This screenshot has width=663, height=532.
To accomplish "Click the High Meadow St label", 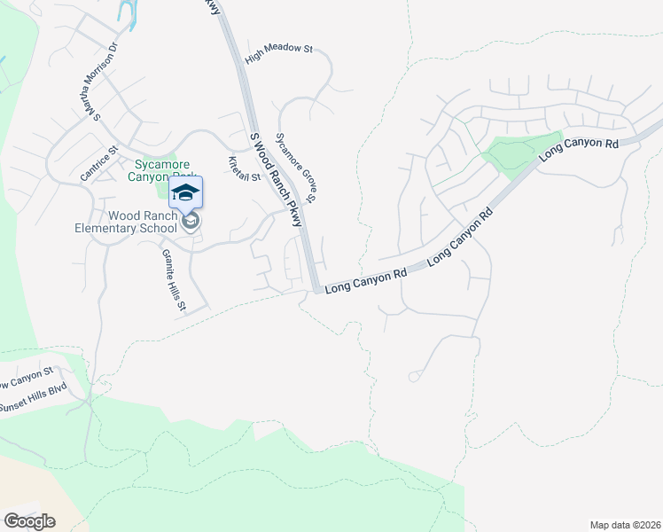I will pos(280,54).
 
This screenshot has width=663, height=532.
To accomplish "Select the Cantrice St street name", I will pos(99,164).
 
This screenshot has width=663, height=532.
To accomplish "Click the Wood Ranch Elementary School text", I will pos(143,222).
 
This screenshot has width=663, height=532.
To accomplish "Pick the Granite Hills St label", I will pos(174,279).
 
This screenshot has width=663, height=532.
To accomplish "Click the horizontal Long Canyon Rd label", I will pos(365,281).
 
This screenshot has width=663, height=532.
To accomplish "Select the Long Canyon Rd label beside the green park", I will pos(579,147).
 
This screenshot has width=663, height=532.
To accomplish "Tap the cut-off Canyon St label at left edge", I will pos(27,379).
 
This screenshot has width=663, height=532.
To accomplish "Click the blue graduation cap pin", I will pos(185,192).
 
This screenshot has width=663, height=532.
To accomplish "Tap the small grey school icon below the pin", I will pos(190,222).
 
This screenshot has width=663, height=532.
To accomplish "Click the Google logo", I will pos(29,521).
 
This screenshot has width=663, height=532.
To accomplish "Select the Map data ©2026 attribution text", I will pos(624,525).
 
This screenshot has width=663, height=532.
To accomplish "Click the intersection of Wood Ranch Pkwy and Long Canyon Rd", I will pos(316,289).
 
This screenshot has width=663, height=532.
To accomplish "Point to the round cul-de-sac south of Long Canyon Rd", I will pos(413,377).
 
